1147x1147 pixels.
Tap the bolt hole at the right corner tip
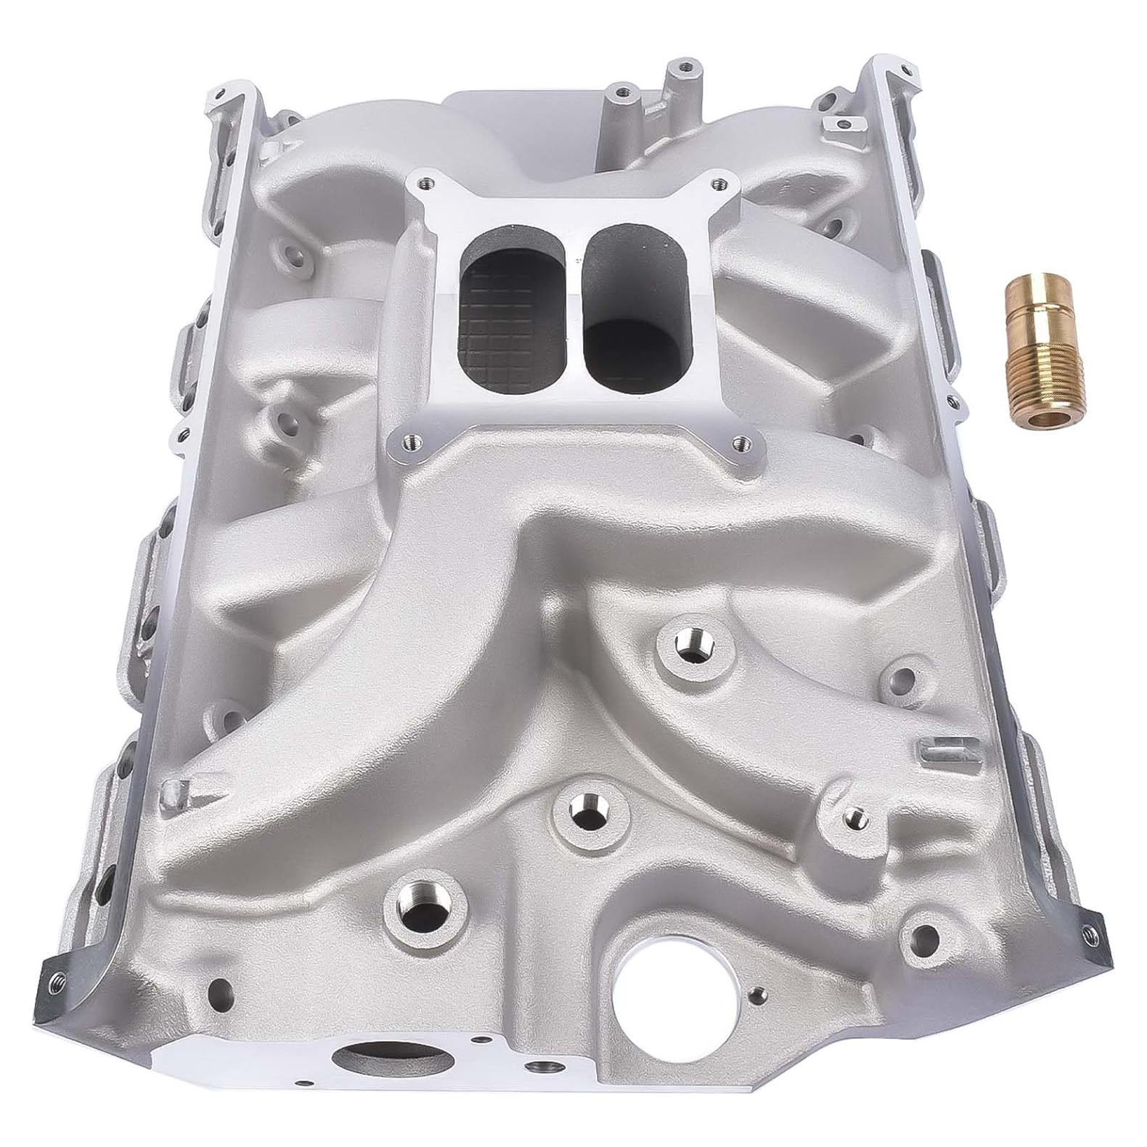pyautogui.click(x=1085, y=928)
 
